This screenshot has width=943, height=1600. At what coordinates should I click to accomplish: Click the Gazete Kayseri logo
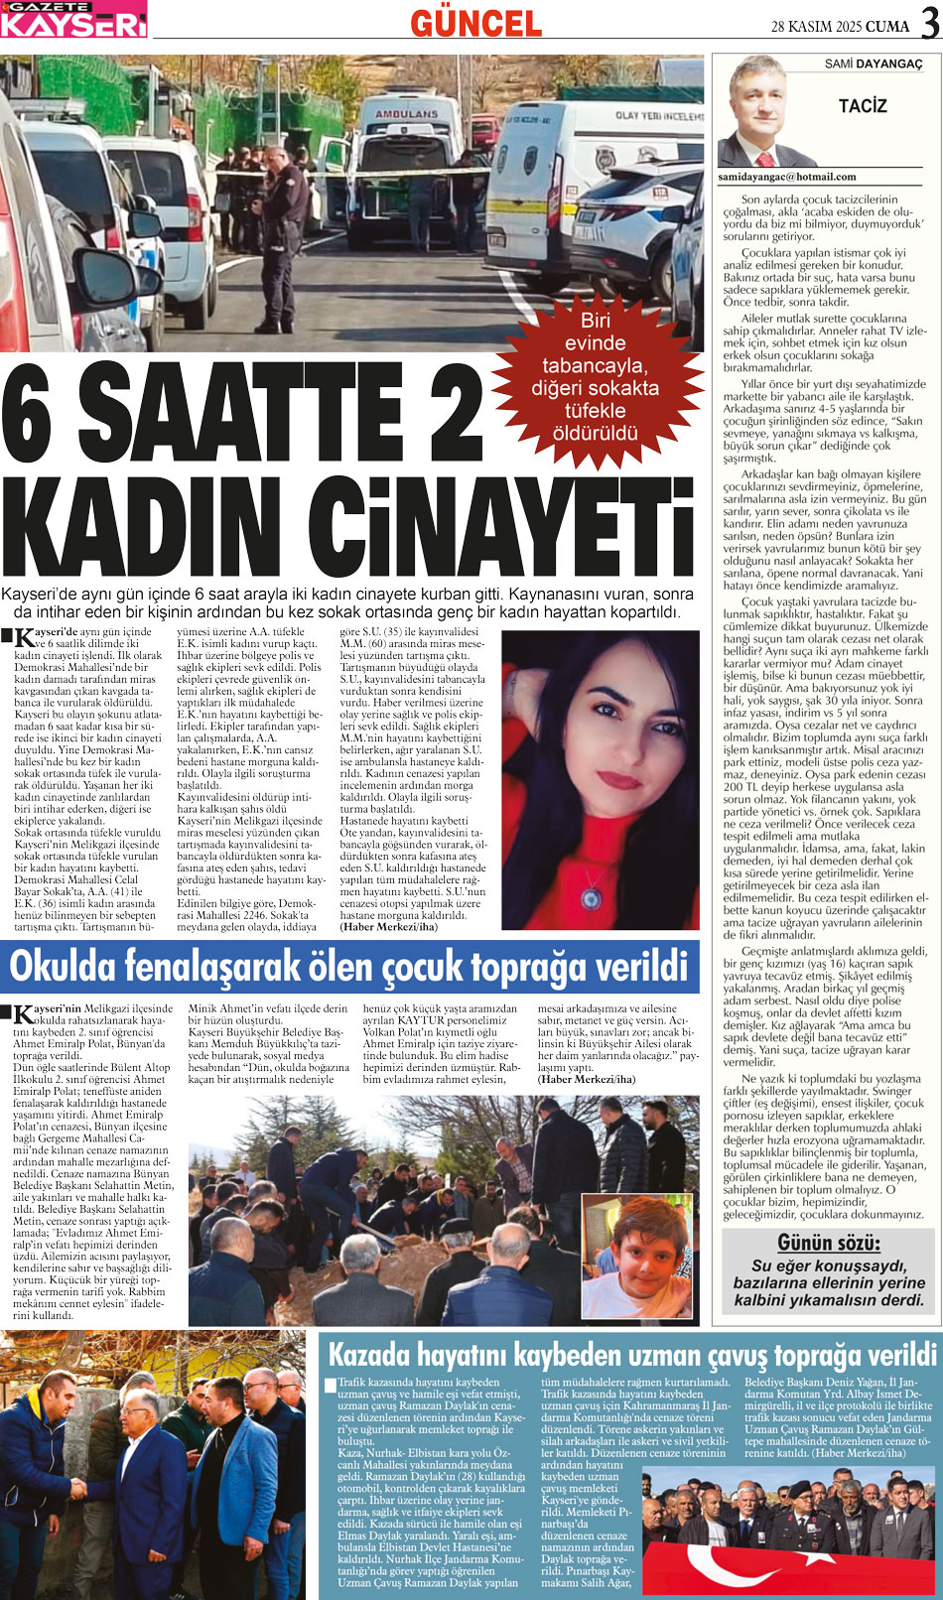pyautogui.click(x=73, y=19)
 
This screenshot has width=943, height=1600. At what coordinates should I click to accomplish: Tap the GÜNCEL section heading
pyautogui.click(x=475, y=22)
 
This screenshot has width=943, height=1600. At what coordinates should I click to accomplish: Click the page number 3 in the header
pyautogui.click(x=929, y=23)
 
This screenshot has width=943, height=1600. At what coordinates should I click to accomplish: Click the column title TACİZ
pyautogui.click(x=862, y=106)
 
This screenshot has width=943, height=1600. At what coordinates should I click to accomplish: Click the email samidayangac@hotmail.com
pyautogui.click(x=786, y=177)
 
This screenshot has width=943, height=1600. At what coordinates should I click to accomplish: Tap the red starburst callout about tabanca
pyautogui.click(x=595, y=376)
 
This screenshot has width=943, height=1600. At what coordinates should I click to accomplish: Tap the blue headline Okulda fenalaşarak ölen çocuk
pyautogui.click(x=347, y=966)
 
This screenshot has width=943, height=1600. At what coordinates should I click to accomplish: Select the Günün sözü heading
pyautogui.click(x=828, y=1243)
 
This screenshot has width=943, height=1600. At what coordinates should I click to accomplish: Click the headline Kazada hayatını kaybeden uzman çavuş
pyautogui.click(x=631, y=1355)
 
